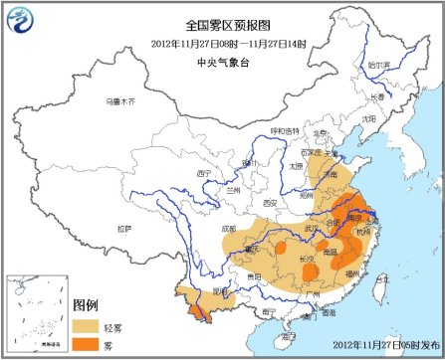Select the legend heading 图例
click(86, 305)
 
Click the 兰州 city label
click(234, 176)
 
